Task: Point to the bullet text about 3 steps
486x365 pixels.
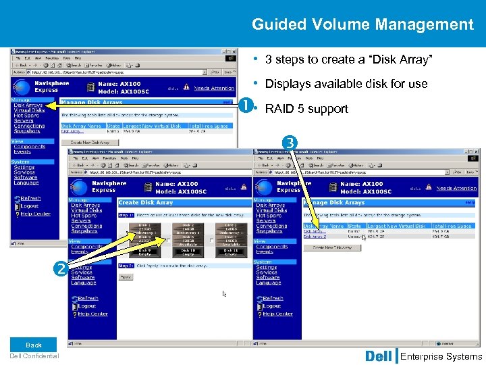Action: pos(348,59)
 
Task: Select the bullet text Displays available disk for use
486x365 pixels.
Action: pos(346,84)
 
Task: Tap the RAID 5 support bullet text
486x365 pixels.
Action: pos(306,109)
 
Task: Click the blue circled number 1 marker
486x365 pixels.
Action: pos(246,106)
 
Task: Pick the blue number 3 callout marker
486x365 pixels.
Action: pos(290,143)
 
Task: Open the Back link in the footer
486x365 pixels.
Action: pos(34,345)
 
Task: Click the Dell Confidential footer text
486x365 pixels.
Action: pos(34,356)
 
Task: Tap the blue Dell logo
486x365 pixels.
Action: pos(378,356)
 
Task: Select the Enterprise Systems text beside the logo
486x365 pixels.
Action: pos(441,356)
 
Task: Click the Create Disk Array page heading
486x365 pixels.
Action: pos(146,202)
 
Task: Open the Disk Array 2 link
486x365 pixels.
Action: pos(315,237)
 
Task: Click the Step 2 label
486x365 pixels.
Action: pos(126,266)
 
